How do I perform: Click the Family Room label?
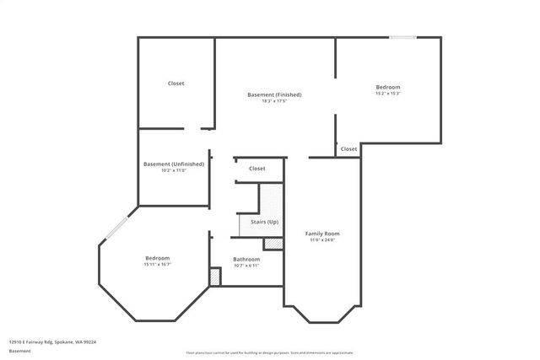point(322,233)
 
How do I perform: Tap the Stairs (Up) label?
point(257,222)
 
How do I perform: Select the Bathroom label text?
point(246,260)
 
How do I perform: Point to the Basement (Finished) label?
point(274,94)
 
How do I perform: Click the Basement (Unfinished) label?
point(174,164)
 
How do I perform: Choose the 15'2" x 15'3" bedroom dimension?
point(388,94)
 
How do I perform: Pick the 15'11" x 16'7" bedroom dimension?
point(158,265)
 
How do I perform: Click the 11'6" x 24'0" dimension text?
point(322,239)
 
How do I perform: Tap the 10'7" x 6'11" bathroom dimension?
point(246,266)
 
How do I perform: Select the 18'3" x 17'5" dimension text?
point(274,101)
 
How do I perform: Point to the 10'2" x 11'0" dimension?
point(174,170)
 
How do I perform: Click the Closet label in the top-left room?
point(176,83)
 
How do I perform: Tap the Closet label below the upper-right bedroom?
point(348,149)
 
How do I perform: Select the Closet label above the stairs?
point(257,169)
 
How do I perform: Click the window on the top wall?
point(402,37)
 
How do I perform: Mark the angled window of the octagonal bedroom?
point(115,228)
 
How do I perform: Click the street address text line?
point(52,342)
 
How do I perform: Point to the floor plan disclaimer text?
point(270,352)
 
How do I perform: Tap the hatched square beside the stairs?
point(273,244)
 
